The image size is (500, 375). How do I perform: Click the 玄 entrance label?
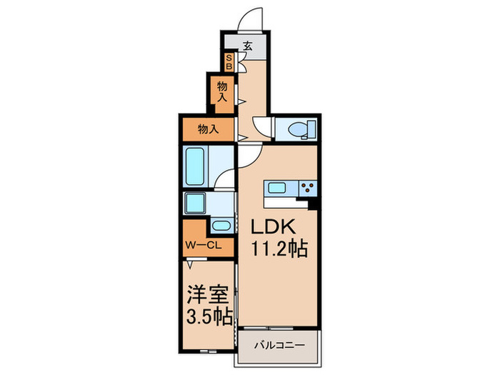pyautogui.click(x=248, y=45)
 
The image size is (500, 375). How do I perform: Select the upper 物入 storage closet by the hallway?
pyautogui.click(x=222, y=91)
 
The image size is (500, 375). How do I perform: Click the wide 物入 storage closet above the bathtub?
pyautogui.click(x=207, y=129)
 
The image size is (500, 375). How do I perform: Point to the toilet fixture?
pyautogui.click(x=297, y=129)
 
